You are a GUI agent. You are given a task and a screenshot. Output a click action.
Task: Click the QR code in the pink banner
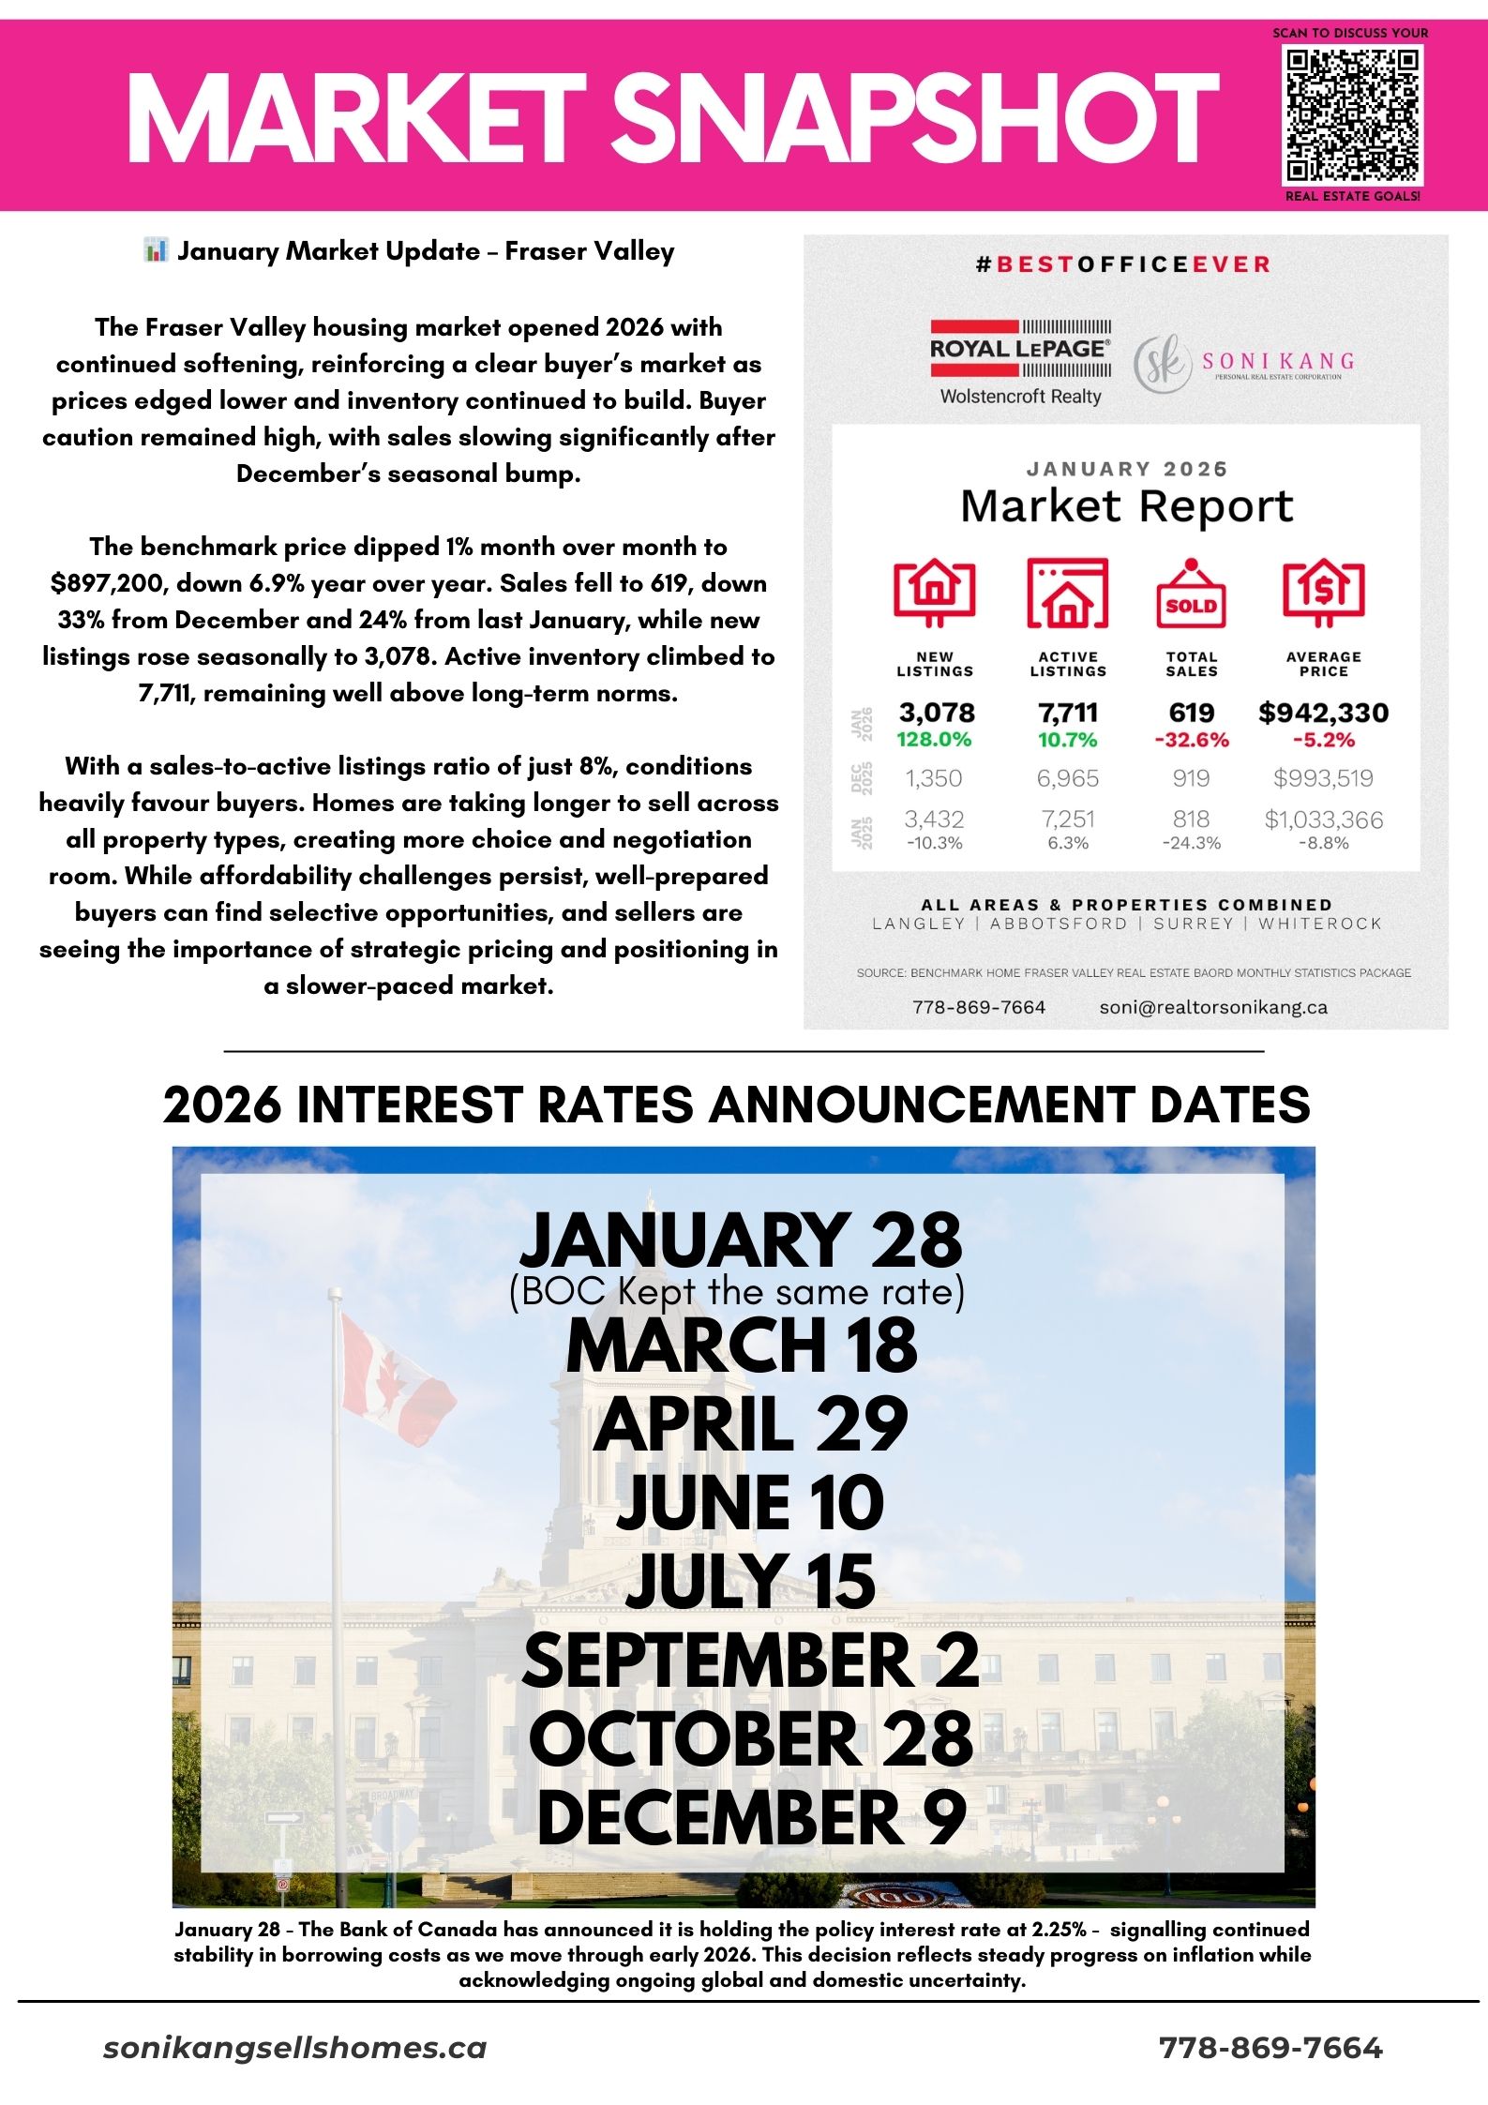1353,114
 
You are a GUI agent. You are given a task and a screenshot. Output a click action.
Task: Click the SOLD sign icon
1191,595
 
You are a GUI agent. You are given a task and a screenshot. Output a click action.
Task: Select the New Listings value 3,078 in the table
936,714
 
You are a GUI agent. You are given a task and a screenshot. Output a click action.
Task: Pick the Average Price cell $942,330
1323,714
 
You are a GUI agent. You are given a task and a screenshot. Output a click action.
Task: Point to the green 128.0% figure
934,740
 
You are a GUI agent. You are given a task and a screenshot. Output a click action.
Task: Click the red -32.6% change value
1191,740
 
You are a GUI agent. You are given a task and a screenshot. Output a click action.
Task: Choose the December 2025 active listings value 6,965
1067,778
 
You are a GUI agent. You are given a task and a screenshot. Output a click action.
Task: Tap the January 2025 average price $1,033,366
1323,819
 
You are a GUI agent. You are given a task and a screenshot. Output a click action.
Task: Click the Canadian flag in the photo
394,1378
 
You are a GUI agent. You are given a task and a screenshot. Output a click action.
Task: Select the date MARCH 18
742,1346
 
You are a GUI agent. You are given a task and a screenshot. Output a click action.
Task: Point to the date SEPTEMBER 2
750,1661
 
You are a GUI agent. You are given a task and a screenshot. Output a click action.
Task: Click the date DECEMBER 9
751,1818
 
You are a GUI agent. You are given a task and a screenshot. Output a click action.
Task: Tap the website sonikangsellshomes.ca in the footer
295,2049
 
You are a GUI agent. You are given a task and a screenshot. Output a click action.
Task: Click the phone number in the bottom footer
1270,2049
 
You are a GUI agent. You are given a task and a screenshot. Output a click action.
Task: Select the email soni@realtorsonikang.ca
1212,1008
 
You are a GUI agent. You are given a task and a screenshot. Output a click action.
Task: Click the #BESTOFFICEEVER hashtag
1123,264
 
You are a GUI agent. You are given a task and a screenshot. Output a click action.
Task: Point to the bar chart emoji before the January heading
156,250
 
